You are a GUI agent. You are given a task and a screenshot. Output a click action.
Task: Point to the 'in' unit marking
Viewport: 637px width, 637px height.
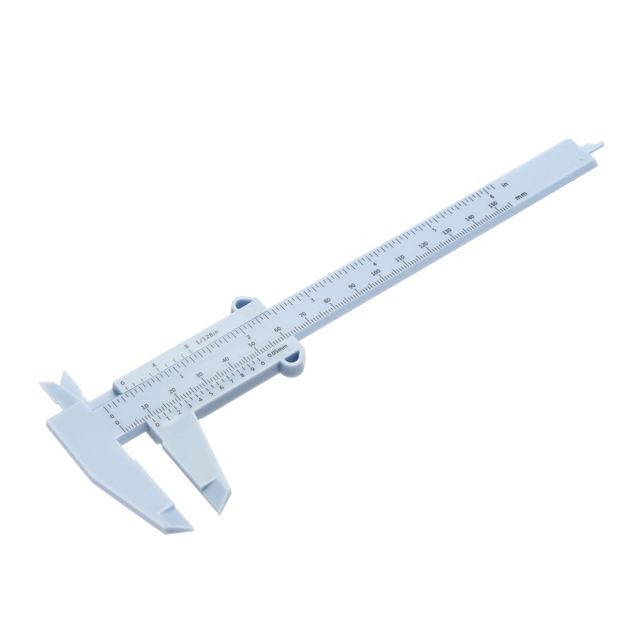pos(505,185)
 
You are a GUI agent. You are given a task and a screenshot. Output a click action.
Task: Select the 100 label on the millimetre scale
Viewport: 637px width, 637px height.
pos(376,272)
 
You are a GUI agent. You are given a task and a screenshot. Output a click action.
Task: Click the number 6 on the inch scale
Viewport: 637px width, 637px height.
pos(490,195)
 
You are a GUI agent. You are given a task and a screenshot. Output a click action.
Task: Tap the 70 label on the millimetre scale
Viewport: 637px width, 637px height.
pos(302,315)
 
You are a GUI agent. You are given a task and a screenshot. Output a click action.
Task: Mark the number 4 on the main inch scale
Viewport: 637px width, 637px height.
pos(375,263)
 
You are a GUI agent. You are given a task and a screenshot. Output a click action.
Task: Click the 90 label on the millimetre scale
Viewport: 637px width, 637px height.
pos(352,287)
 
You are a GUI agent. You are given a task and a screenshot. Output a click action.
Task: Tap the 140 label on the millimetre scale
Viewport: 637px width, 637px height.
pos(470,218)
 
